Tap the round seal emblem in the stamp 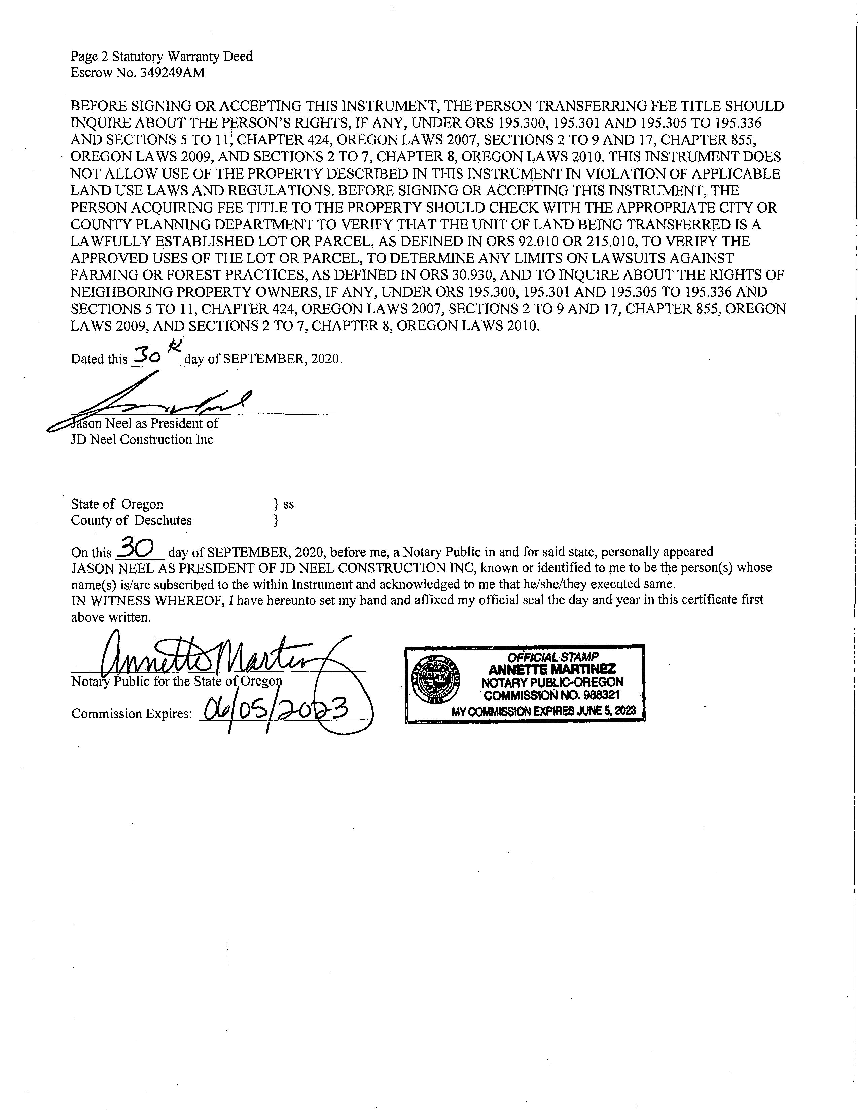(436, 678)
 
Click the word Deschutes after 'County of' (163, 520)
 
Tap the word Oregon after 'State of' (142, 504)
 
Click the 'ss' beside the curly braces (289, 504)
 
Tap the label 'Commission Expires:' (132, 714)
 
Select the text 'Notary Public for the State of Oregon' (176, 681)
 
